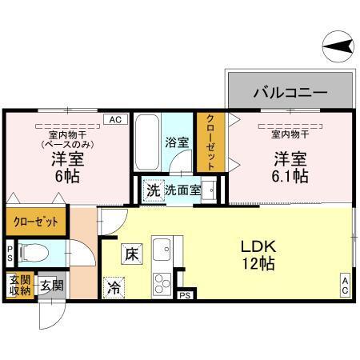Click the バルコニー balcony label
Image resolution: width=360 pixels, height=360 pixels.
coord(290,92)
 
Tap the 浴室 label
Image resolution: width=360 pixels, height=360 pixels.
coord(177,143)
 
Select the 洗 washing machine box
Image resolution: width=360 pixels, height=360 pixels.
coord(152,191)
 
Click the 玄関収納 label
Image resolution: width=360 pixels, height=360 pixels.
coord(19,286)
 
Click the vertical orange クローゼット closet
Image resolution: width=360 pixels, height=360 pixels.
coord(210,142)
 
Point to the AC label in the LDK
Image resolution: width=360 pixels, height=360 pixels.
coord(346,286)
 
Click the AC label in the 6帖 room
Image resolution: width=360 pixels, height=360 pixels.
coord(114,119)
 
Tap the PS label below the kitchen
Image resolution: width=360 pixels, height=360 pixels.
coord(185,296)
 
